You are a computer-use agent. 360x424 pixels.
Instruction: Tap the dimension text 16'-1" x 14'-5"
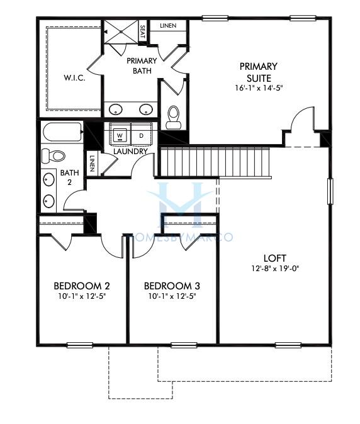(x=258, y=87)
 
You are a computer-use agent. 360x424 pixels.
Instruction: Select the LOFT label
(x=275, y=258)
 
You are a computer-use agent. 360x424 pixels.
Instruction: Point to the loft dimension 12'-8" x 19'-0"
(x=275, y=269)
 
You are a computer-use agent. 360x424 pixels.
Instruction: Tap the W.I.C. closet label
(x=74, y=79)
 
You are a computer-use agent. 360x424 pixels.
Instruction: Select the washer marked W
(x=121, y=136)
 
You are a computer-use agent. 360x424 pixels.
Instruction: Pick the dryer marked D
(x=141, y=136)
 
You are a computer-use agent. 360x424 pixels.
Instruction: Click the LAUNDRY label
(x=130, y=152)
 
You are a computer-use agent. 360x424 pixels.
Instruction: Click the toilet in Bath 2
(x=55, y=155)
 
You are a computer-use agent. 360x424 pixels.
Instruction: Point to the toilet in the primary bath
(x=172, y=117)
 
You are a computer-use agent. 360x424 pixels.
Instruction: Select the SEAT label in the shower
(x=142, y=31)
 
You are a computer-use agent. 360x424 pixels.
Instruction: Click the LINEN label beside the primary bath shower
(x=168, y=26)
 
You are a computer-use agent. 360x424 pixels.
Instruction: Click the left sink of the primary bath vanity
(x=116, y=109)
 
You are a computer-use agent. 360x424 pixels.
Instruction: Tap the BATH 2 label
(x=67, y=177)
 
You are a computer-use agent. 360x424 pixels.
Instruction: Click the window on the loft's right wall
(x=329, y=191)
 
